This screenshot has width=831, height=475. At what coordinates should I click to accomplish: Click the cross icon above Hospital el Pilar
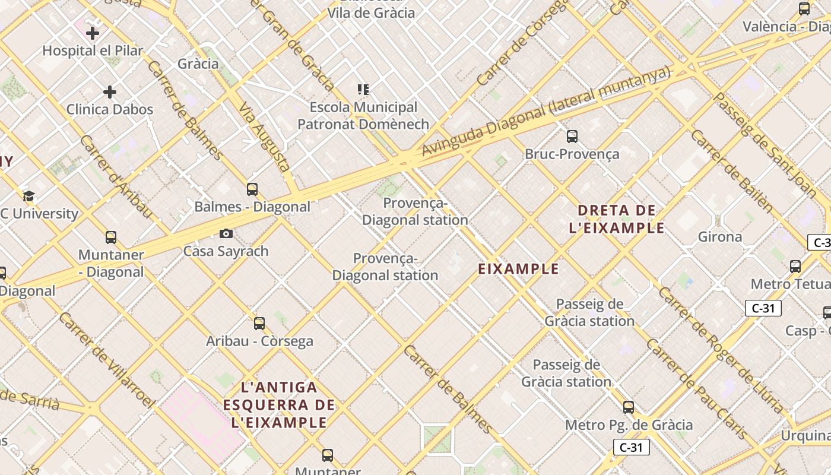click(x=93, y=33)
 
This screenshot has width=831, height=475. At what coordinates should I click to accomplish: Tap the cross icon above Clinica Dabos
click(x=110, y=92)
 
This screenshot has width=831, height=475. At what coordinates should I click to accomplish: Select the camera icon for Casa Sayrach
click(x=226, y=233)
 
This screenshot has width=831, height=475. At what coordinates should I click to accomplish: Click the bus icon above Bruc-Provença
click(x=572, y=137)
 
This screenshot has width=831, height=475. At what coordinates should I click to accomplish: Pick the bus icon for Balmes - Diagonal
click(x=252, y=189)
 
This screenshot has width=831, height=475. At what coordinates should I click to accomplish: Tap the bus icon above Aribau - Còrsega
click(x=259, y=324)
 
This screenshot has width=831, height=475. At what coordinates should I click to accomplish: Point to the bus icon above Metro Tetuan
click(x=795, y=267)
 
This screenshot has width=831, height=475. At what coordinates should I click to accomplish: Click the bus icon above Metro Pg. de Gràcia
click(x=629, y=407)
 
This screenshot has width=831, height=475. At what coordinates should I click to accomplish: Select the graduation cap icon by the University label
click(x=28, y=196)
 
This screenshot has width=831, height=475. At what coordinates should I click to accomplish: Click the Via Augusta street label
click(x=264, y=137)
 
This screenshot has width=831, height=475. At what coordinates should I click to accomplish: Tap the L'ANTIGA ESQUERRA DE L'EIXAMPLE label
click(x=280, y=405)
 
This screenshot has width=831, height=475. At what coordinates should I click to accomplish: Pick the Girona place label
click(x=720, y=237)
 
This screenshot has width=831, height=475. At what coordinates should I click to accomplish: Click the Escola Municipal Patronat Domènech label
click(x=363, y=116)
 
